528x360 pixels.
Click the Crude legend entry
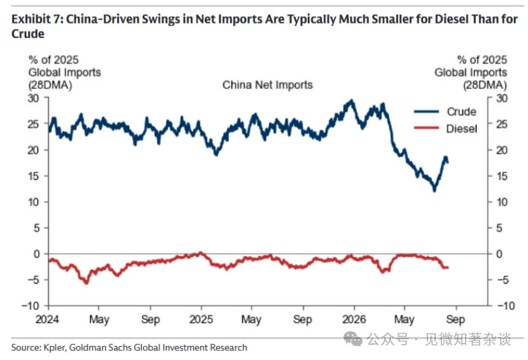445,112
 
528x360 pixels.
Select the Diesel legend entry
445,128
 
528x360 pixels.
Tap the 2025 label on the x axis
201,319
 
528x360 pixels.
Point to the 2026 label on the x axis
354,319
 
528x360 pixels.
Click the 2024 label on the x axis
47,319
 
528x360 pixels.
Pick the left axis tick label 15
33,176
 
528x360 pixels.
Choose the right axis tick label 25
502,124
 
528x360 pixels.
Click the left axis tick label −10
31,306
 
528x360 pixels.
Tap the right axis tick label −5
502,280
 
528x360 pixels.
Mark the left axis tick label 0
37,254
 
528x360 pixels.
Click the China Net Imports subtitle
267,85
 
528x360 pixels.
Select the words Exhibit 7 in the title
37,19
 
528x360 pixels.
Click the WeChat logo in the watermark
353,338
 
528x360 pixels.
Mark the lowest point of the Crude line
434,191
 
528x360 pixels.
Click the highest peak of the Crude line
352,100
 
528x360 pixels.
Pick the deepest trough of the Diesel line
87,283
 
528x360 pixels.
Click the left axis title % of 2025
53,60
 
